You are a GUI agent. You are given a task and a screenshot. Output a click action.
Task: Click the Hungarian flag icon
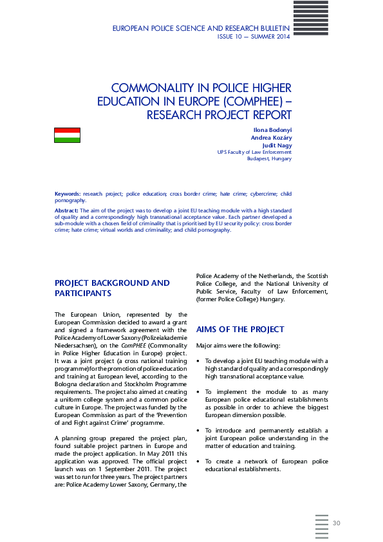[x=67, y=135]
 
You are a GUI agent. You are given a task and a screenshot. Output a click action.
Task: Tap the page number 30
[x=336, y=522]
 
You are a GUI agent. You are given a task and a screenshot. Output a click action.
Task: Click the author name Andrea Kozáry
[x=271, y=138]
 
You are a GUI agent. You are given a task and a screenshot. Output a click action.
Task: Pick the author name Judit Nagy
[x=277, y=145]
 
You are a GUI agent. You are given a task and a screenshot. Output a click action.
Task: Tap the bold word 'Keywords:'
[x=68, y=194]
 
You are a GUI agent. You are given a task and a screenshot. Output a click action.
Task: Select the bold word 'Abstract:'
[x=67, y=210]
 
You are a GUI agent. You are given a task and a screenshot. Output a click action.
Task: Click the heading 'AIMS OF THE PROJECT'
[x=240, y=330]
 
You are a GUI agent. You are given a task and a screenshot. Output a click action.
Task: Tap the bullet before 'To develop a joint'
[x=198, y=361]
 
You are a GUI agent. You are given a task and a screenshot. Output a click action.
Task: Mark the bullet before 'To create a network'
[x=198, y=462]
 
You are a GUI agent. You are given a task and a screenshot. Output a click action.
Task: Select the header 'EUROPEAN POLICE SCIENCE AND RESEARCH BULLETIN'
[x=201, y=29]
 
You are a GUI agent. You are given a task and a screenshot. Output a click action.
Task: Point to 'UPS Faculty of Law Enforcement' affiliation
[x=254, y=152]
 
